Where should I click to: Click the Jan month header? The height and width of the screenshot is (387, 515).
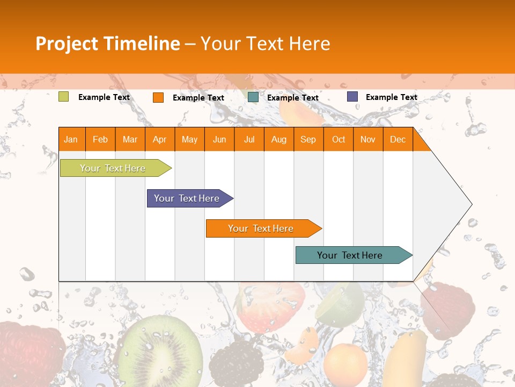point(71,139)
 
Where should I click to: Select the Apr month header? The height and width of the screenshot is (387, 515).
point(159,139)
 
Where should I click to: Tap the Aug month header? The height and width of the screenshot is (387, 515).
point(278,139)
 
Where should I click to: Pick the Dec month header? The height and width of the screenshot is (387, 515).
point(398,139)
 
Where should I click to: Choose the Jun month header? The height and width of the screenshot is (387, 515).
point(219,139)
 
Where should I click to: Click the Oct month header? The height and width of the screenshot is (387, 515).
point(338,139)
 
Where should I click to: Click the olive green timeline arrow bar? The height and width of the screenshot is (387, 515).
point(113,168)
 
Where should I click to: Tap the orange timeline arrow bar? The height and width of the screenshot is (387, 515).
point(261,228)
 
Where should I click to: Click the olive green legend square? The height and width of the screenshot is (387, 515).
point(64,97)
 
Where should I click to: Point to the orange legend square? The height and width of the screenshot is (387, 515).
point(158,97)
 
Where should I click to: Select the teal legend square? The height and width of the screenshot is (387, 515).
point(253,97)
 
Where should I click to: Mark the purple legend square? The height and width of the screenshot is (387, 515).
point(352,97)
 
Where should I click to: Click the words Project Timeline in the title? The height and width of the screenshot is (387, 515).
point(107,44)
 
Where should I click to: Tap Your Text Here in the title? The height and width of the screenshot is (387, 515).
point(265,44)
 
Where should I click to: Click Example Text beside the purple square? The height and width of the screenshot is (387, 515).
point(391,97)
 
